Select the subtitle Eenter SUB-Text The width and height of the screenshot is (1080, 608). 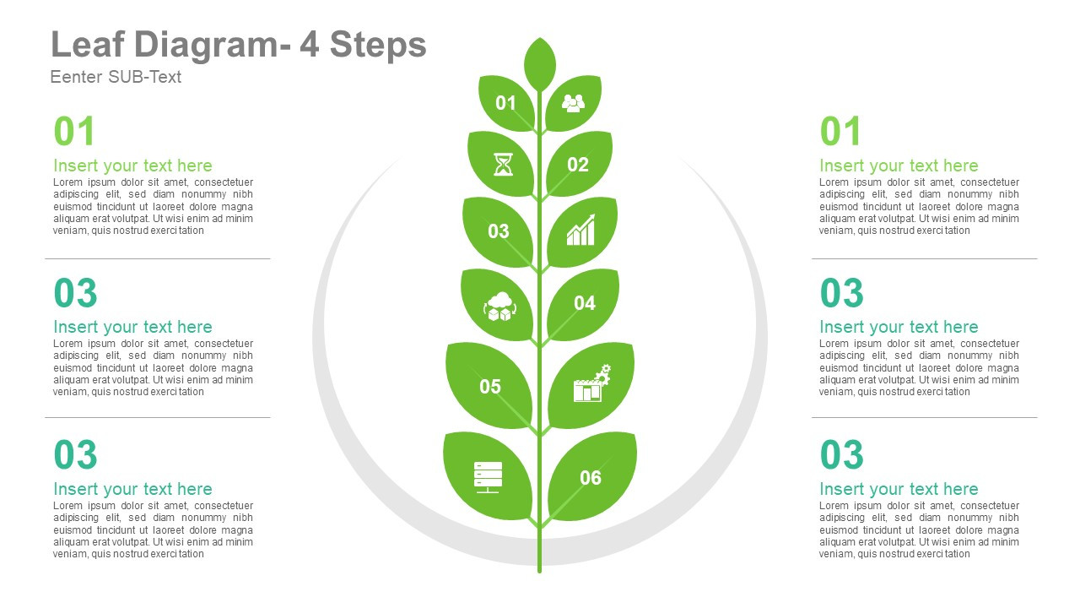click(116, 77)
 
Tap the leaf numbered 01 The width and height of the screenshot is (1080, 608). click(505, 103)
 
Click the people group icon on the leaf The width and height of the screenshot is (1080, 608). click(574, 103)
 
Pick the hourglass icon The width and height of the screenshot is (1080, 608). click(503, 164)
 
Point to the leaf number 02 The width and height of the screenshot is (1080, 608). click(578, 165)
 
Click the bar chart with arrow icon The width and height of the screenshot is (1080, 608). click(580, 231)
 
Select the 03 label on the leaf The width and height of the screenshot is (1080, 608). click(499, 231)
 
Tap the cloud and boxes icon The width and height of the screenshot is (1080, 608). click(499, 305)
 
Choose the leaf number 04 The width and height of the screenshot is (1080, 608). click(585, 303)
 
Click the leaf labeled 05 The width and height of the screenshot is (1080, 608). click(490, 387)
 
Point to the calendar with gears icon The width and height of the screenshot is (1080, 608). click(591, 384)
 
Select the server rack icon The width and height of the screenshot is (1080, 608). click(488, 477)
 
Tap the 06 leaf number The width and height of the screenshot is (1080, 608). click(591, 478)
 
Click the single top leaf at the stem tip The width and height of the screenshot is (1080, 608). click(540, 62)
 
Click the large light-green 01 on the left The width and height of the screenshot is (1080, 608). click(75, 132)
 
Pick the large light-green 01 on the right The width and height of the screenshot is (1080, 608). click(841, 132)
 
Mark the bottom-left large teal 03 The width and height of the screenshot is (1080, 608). click(76, 455)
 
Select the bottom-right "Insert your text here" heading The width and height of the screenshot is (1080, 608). click(899, 489)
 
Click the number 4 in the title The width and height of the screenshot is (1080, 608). click(310, 45)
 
